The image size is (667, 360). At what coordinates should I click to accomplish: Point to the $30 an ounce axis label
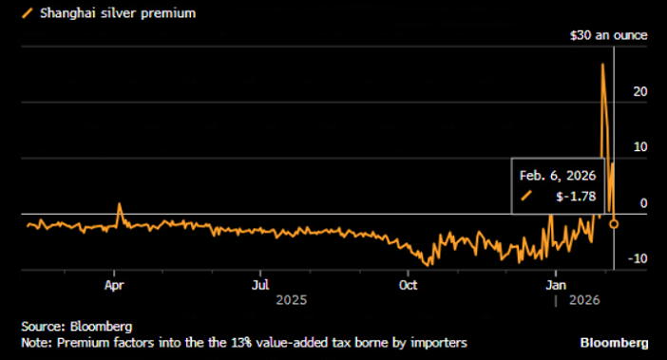608,35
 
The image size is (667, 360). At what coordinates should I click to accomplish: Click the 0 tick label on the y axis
644,202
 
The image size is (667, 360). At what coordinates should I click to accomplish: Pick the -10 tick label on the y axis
638,257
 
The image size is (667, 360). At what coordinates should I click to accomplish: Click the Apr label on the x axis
115,283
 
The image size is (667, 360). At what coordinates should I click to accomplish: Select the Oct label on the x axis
408,283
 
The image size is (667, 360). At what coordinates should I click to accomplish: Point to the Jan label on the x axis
555,283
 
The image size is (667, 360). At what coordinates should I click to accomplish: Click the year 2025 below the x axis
291,299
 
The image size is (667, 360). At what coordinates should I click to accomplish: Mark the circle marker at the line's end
614,223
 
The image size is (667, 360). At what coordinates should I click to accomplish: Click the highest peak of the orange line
602,65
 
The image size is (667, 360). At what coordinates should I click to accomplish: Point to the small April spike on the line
119,203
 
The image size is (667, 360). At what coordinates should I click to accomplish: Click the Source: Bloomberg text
64,326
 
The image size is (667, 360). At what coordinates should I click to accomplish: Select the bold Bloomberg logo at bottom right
615,341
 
